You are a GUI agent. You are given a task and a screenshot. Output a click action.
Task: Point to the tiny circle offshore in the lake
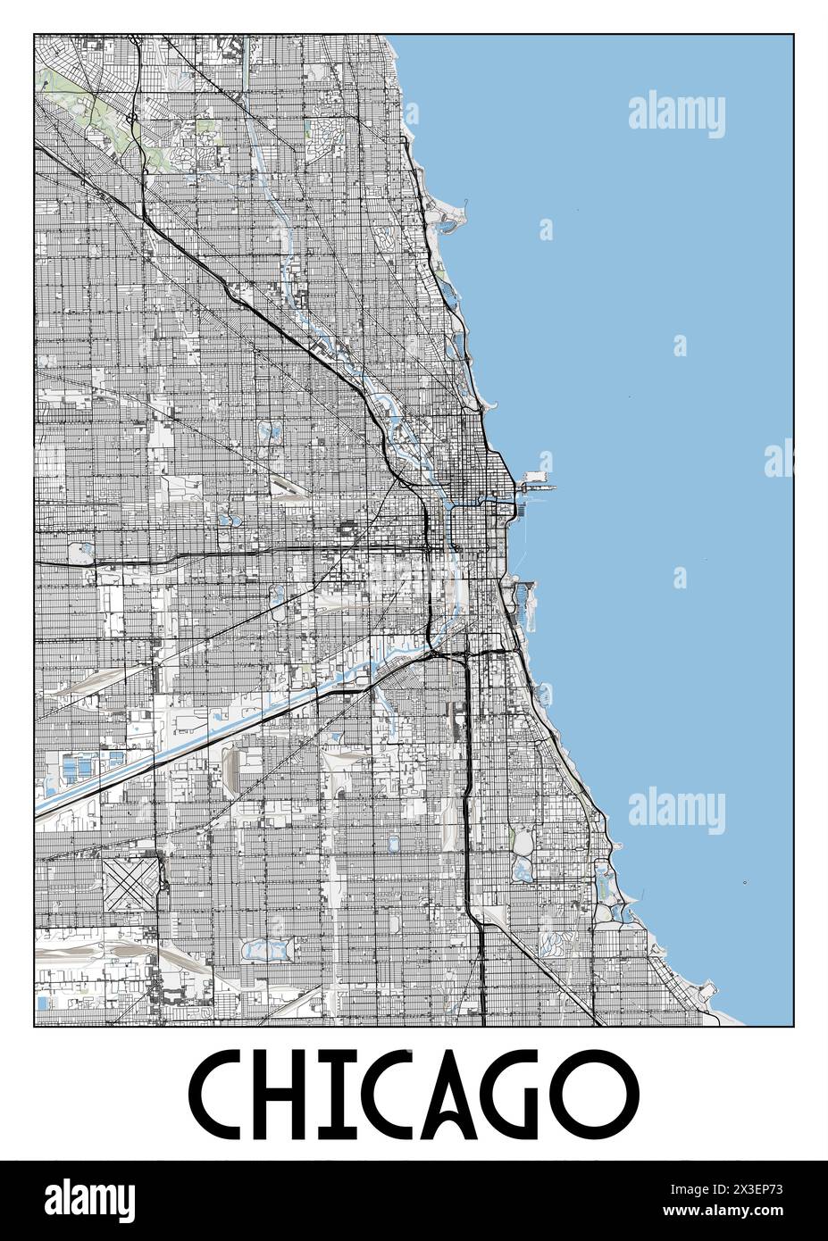pyautogui.click(x=745, y=884)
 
